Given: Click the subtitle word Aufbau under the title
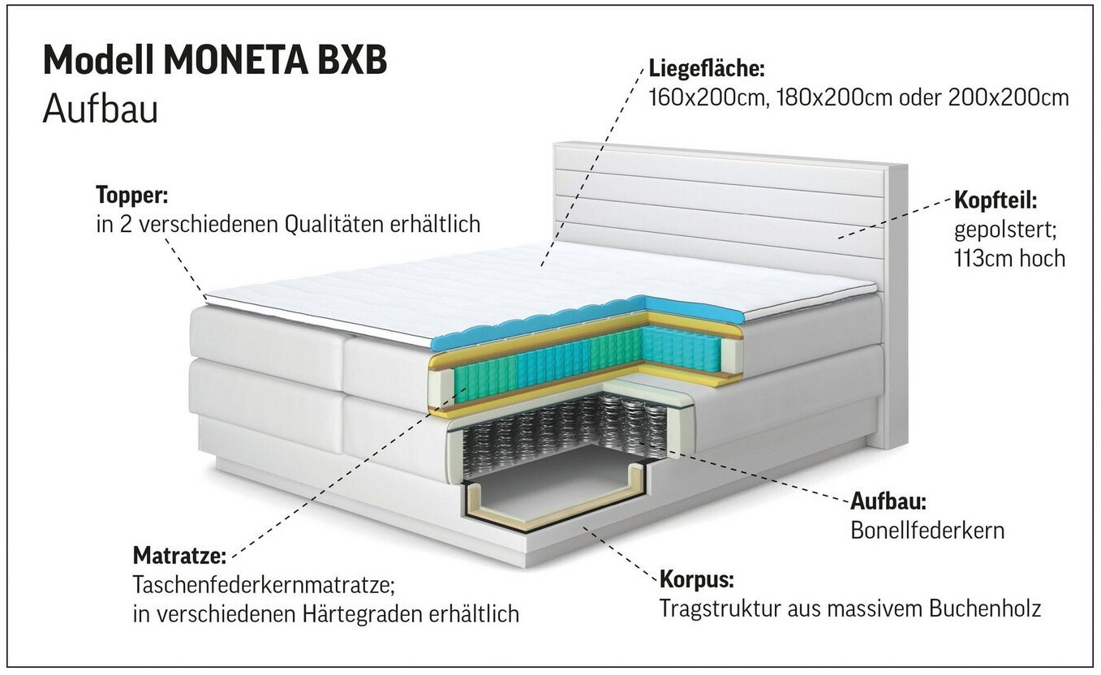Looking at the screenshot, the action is point(100,109).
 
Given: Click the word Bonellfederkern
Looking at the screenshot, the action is point(927,530).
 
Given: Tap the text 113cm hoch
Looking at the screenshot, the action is point(1009,258).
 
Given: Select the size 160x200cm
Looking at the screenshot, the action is point(707,97).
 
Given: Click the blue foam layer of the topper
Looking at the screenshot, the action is point(568,320).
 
